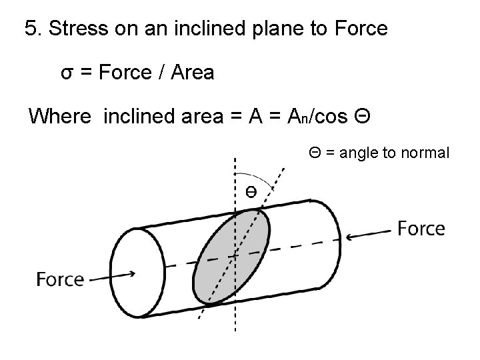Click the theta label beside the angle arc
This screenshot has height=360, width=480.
(250, 192)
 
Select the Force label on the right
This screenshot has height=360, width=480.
(421, 229)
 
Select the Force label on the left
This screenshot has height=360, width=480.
(61, 279)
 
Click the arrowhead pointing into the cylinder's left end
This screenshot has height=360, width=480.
(133, 273)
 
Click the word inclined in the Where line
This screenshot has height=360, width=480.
(141, 117)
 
